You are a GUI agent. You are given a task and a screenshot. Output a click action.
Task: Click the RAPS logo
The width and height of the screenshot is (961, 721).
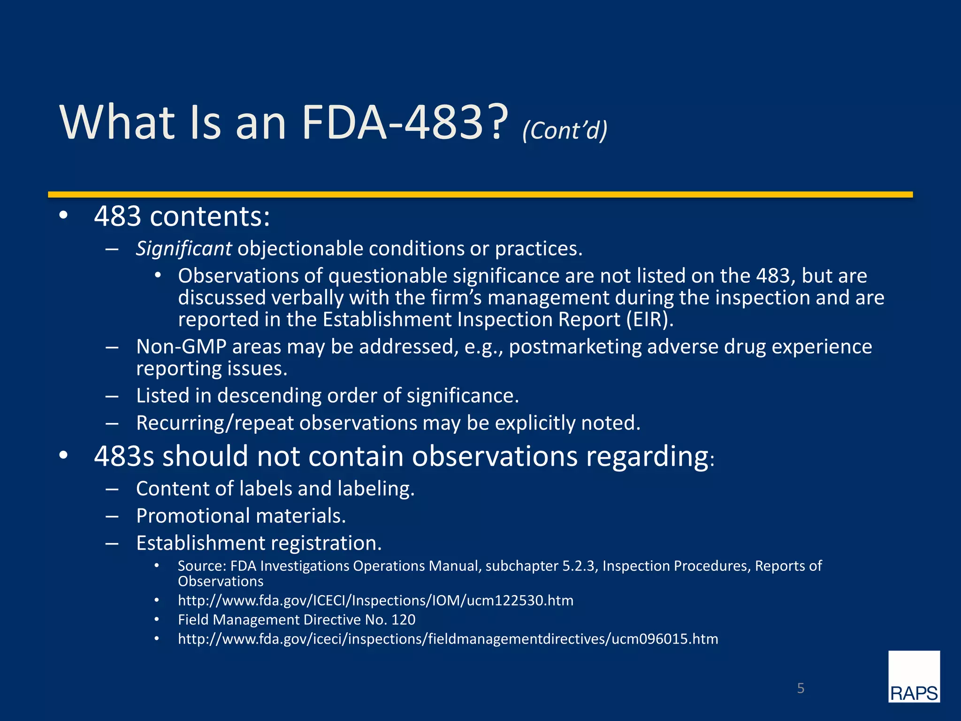[914, 676]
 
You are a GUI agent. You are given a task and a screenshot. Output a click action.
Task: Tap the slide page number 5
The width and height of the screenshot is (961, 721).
[801, 688]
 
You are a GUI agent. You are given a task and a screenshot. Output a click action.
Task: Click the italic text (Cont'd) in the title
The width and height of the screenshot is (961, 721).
[564, 130]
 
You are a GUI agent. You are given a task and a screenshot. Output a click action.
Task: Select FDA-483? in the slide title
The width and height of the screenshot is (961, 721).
[404, 122]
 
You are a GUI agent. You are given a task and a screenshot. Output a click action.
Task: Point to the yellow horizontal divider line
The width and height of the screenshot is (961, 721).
[480, 194]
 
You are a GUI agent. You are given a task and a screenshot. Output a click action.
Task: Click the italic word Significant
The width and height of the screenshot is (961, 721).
[183, 248]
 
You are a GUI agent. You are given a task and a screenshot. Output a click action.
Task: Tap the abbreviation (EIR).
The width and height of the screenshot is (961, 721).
[649, 320]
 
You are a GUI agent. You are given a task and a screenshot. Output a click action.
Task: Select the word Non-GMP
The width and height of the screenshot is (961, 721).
[181, 347]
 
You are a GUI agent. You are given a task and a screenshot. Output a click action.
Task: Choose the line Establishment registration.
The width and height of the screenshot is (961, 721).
[259, 543]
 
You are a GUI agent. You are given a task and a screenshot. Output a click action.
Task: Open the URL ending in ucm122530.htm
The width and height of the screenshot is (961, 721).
[375, 600]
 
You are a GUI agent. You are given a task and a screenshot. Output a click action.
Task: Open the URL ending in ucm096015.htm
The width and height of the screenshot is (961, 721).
[448, 639]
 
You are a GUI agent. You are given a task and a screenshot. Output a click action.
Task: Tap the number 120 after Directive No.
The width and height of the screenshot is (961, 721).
[403, 620]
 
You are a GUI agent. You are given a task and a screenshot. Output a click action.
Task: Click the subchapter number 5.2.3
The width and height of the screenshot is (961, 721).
[579, 566]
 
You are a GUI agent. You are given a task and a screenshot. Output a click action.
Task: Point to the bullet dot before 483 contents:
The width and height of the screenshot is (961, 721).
[63, 216]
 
